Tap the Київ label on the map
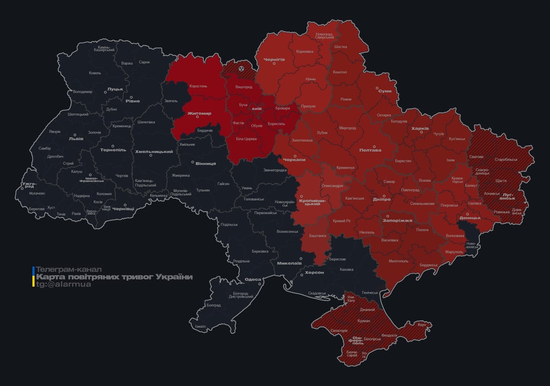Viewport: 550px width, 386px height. click(x=256, y=109)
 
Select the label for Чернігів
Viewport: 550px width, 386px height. click(x=274, y=59)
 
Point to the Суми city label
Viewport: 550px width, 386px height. click(x=385, y=91)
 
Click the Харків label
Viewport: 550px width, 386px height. click(x=420, y=129)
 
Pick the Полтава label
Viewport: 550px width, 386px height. click(x=370, y=150)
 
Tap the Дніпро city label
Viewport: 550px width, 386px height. click(x=382, y=200)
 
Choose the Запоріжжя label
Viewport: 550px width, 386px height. click(x=397, y=221)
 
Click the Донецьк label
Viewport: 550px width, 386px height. click(x=470, y=218)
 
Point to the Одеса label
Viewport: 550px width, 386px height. click(x=252, y=279)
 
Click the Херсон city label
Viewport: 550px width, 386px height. click(x=314, y=272)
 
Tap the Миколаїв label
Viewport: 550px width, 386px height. click(x=289, y=263)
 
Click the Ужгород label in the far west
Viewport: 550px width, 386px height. click(x=29, y=185)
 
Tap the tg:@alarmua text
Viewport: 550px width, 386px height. click(x=63, y=284)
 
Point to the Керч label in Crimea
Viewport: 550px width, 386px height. click(x=421, y=325)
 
